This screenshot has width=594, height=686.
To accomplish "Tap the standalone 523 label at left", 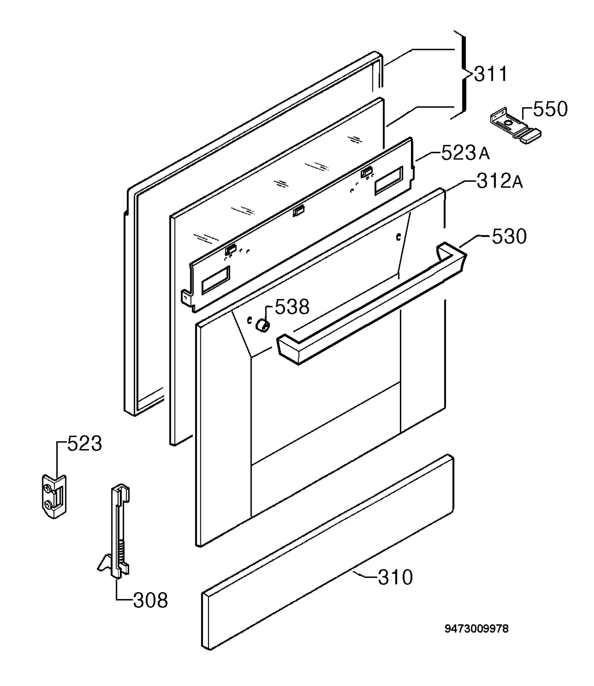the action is (85, 443).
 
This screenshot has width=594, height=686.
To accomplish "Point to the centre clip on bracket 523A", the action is (298, 211).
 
